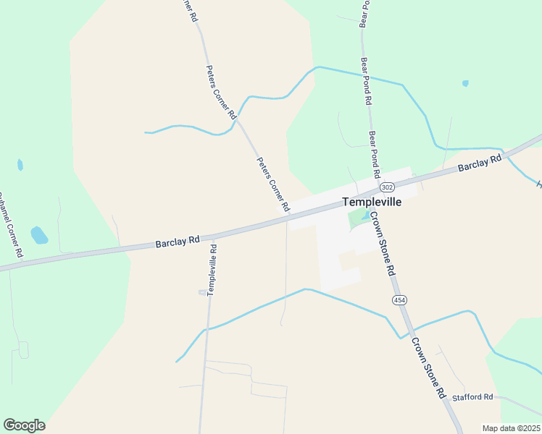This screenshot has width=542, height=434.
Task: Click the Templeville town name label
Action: tap(371, 203)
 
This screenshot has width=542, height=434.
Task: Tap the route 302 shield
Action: tap(388, 187)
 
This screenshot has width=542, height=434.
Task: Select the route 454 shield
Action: tap(399, 299)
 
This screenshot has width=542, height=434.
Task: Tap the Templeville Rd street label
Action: tap(212, 269)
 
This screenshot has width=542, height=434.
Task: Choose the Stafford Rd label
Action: tap(472, 397)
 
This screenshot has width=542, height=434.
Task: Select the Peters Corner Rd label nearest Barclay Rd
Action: tap(272, 184)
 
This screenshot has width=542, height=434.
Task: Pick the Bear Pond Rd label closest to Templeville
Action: tap(374, 154)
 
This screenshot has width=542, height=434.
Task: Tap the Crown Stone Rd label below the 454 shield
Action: tap(428, 368)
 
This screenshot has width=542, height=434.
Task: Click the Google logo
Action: tap(24, 425)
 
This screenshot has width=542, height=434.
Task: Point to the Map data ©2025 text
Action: tap(511, 428)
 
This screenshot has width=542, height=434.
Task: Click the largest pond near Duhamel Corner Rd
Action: tap(39, 235)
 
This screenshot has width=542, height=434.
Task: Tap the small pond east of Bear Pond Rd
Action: tap(465, 83)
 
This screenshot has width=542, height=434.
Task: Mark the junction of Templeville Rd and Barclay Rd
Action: tap(214, 236)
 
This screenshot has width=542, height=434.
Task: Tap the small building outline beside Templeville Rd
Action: tap(203, 292)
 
